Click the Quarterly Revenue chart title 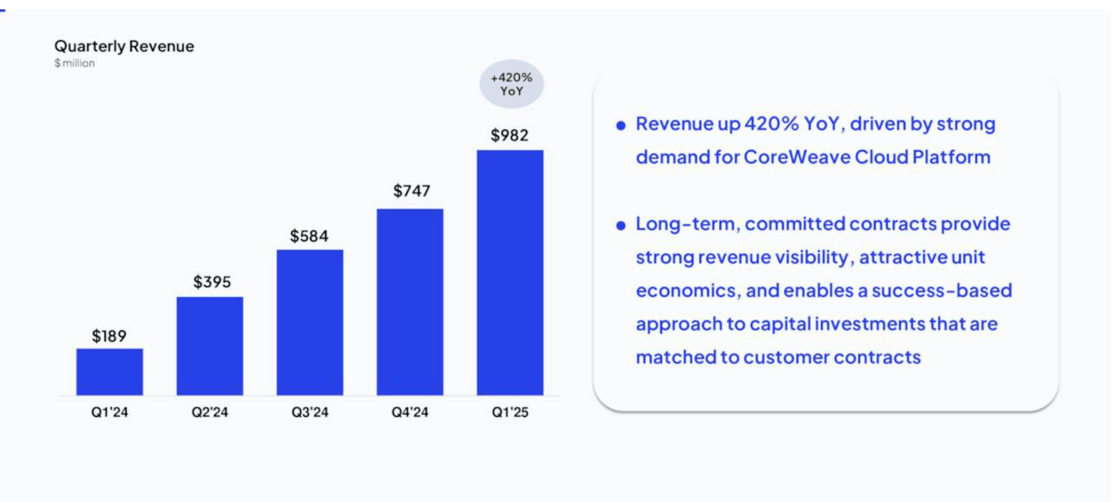click(x=124, y=46)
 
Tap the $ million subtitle click(x=75, y=63)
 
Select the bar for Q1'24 click(x=109, y=372)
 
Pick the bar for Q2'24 click(x=210, y=346)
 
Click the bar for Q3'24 click(x=309, y=322)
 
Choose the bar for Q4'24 click(x=410, y=302)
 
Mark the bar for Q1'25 click(x=510, y=273)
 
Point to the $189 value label click(x=109, y=336)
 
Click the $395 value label click(x=212, y=282)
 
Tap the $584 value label click(x=309, y=236)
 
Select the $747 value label click(x=411, y=190)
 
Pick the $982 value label click(x=509, y=135)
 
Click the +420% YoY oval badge click(x=512, y=84)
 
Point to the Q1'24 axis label click(x=109, y=412)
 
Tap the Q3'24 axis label click(x=309, y=412)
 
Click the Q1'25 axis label click(x=510, y=412)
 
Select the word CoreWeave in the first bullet click(x=797, y=157)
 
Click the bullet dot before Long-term click(x=621, y=225)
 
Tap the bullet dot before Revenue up click(x=621, y=125)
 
